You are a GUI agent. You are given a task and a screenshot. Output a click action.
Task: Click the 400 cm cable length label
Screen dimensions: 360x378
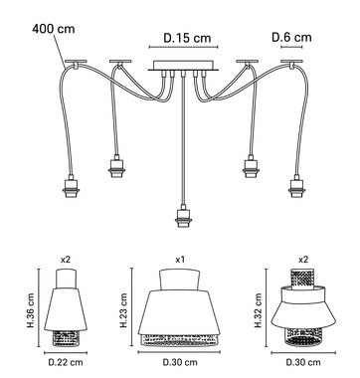(x=54, y=29)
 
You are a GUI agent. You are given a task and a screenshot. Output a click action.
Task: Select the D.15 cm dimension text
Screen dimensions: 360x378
(x=187, y=38)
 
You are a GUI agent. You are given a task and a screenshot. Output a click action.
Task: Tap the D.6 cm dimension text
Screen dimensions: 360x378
(x=291, y=37)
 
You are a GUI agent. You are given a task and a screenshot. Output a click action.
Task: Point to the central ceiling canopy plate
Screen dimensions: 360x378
(x=183, y=66)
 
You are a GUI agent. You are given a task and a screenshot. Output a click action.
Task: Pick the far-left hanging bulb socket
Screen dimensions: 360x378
(x=71, y=186)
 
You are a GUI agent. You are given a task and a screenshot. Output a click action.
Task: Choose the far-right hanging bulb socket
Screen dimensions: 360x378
(x=296, y=186)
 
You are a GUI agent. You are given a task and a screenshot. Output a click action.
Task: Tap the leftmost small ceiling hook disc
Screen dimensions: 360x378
(x=76, y=62)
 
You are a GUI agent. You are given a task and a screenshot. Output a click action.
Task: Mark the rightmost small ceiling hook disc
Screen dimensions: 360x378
(x=291, y=62)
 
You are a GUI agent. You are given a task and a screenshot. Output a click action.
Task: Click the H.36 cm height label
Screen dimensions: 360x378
(x=31, y=310)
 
